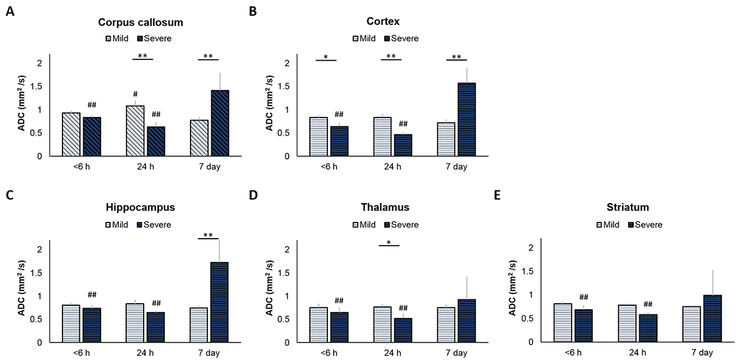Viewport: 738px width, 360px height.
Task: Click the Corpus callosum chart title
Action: [x=141, y=22]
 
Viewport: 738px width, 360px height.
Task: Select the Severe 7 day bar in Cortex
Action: [x=467, y=119]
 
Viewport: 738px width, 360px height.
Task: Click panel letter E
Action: [x=498, y=195]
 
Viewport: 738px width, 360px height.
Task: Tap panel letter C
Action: [x=9, y=195]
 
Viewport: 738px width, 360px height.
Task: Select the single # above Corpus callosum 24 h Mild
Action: [x=134, y=94]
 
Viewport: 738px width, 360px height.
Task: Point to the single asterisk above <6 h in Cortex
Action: [x=326, y=57]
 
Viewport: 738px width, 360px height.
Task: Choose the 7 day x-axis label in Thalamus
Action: [x=457, y=353]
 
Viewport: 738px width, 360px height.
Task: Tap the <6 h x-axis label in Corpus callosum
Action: [x=81, y=167]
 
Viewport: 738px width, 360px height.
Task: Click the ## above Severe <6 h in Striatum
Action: [x=584, y=297]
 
